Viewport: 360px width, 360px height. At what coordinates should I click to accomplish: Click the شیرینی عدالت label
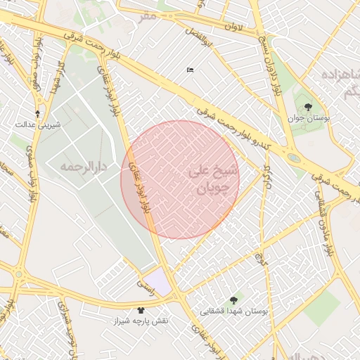point(39,124)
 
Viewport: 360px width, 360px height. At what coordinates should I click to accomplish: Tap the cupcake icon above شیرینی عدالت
point(38,112)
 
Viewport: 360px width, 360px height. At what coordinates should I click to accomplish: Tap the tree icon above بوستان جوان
point(309,107)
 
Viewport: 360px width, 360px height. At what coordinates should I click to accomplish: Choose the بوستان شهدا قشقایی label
point(233,310)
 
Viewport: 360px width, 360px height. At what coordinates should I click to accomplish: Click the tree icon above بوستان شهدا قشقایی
point(233,299)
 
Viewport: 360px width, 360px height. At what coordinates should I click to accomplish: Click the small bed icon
point(190,70)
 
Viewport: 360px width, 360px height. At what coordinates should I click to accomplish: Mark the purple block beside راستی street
point(159,282)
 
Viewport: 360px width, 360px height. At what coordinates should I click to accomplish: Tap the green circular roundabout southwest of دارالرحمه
point(19,274)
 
